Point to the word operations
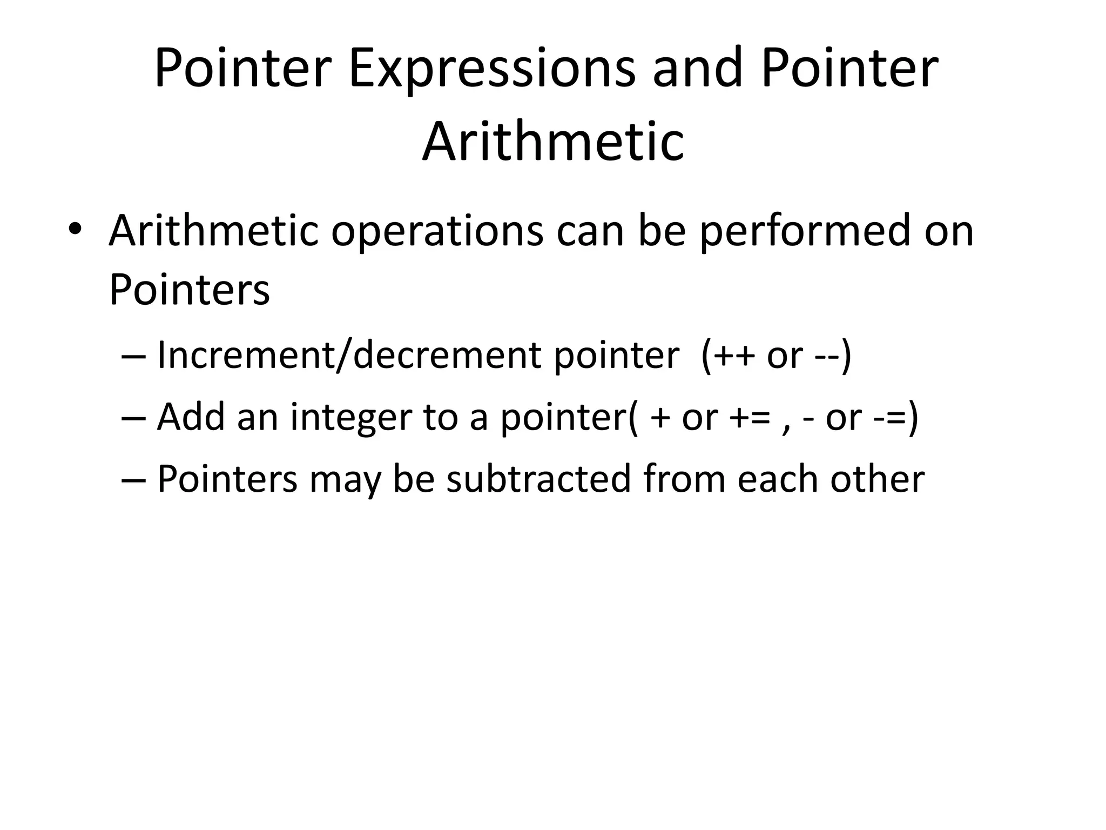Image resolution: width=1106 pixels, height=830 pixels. coord(437,232)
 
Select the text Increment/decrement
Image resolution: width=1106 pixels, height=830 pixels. coord(349,356)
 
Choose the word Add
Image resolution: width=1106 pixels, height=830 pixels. coord(191,417)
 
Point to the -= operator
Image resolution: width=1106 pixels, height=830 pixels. coord(889,418)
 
